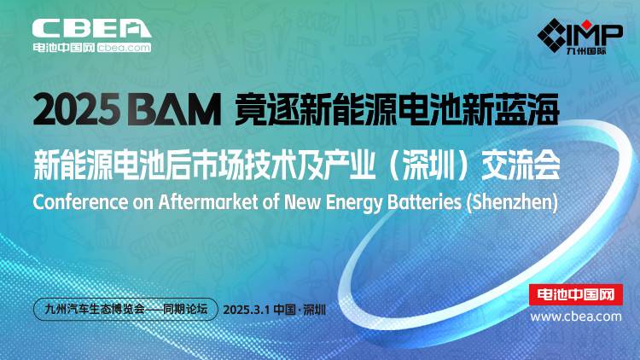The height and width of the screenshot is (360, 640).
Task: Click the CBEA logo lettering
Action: click(92, 28)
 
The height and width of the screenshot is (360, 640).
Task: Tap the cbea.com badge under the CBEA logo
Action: click(124, 48)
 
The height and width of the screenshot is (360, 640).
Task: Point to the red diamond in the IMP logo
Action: click(586, 25)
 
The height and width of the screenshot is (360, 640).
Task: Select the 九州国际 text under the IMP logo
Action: click(586, 51)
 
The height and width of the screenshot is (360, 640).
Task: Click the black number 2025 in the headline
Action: click(76, 109)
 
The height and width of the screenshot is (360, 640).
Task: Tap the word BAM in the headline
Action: click(174, 109)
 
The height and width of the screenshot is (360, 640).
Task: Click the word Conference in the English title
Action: click(80, 201)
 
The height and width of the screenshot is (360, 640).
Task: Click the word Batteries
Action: click(424, 201)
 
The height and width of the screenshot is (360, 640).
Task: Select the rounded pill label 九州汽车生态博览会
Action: click(125, 309)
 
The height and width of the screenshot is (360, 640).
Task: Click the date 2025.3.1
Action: click(247, 310)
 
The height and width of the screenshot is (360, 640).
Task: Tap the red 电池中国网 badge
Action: click(575, 294)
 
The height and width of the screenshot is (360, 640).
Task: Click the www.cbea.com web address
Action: click(576, 316)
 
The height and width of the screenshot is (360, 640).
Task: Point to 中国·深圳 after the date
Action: click(300, 310)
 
